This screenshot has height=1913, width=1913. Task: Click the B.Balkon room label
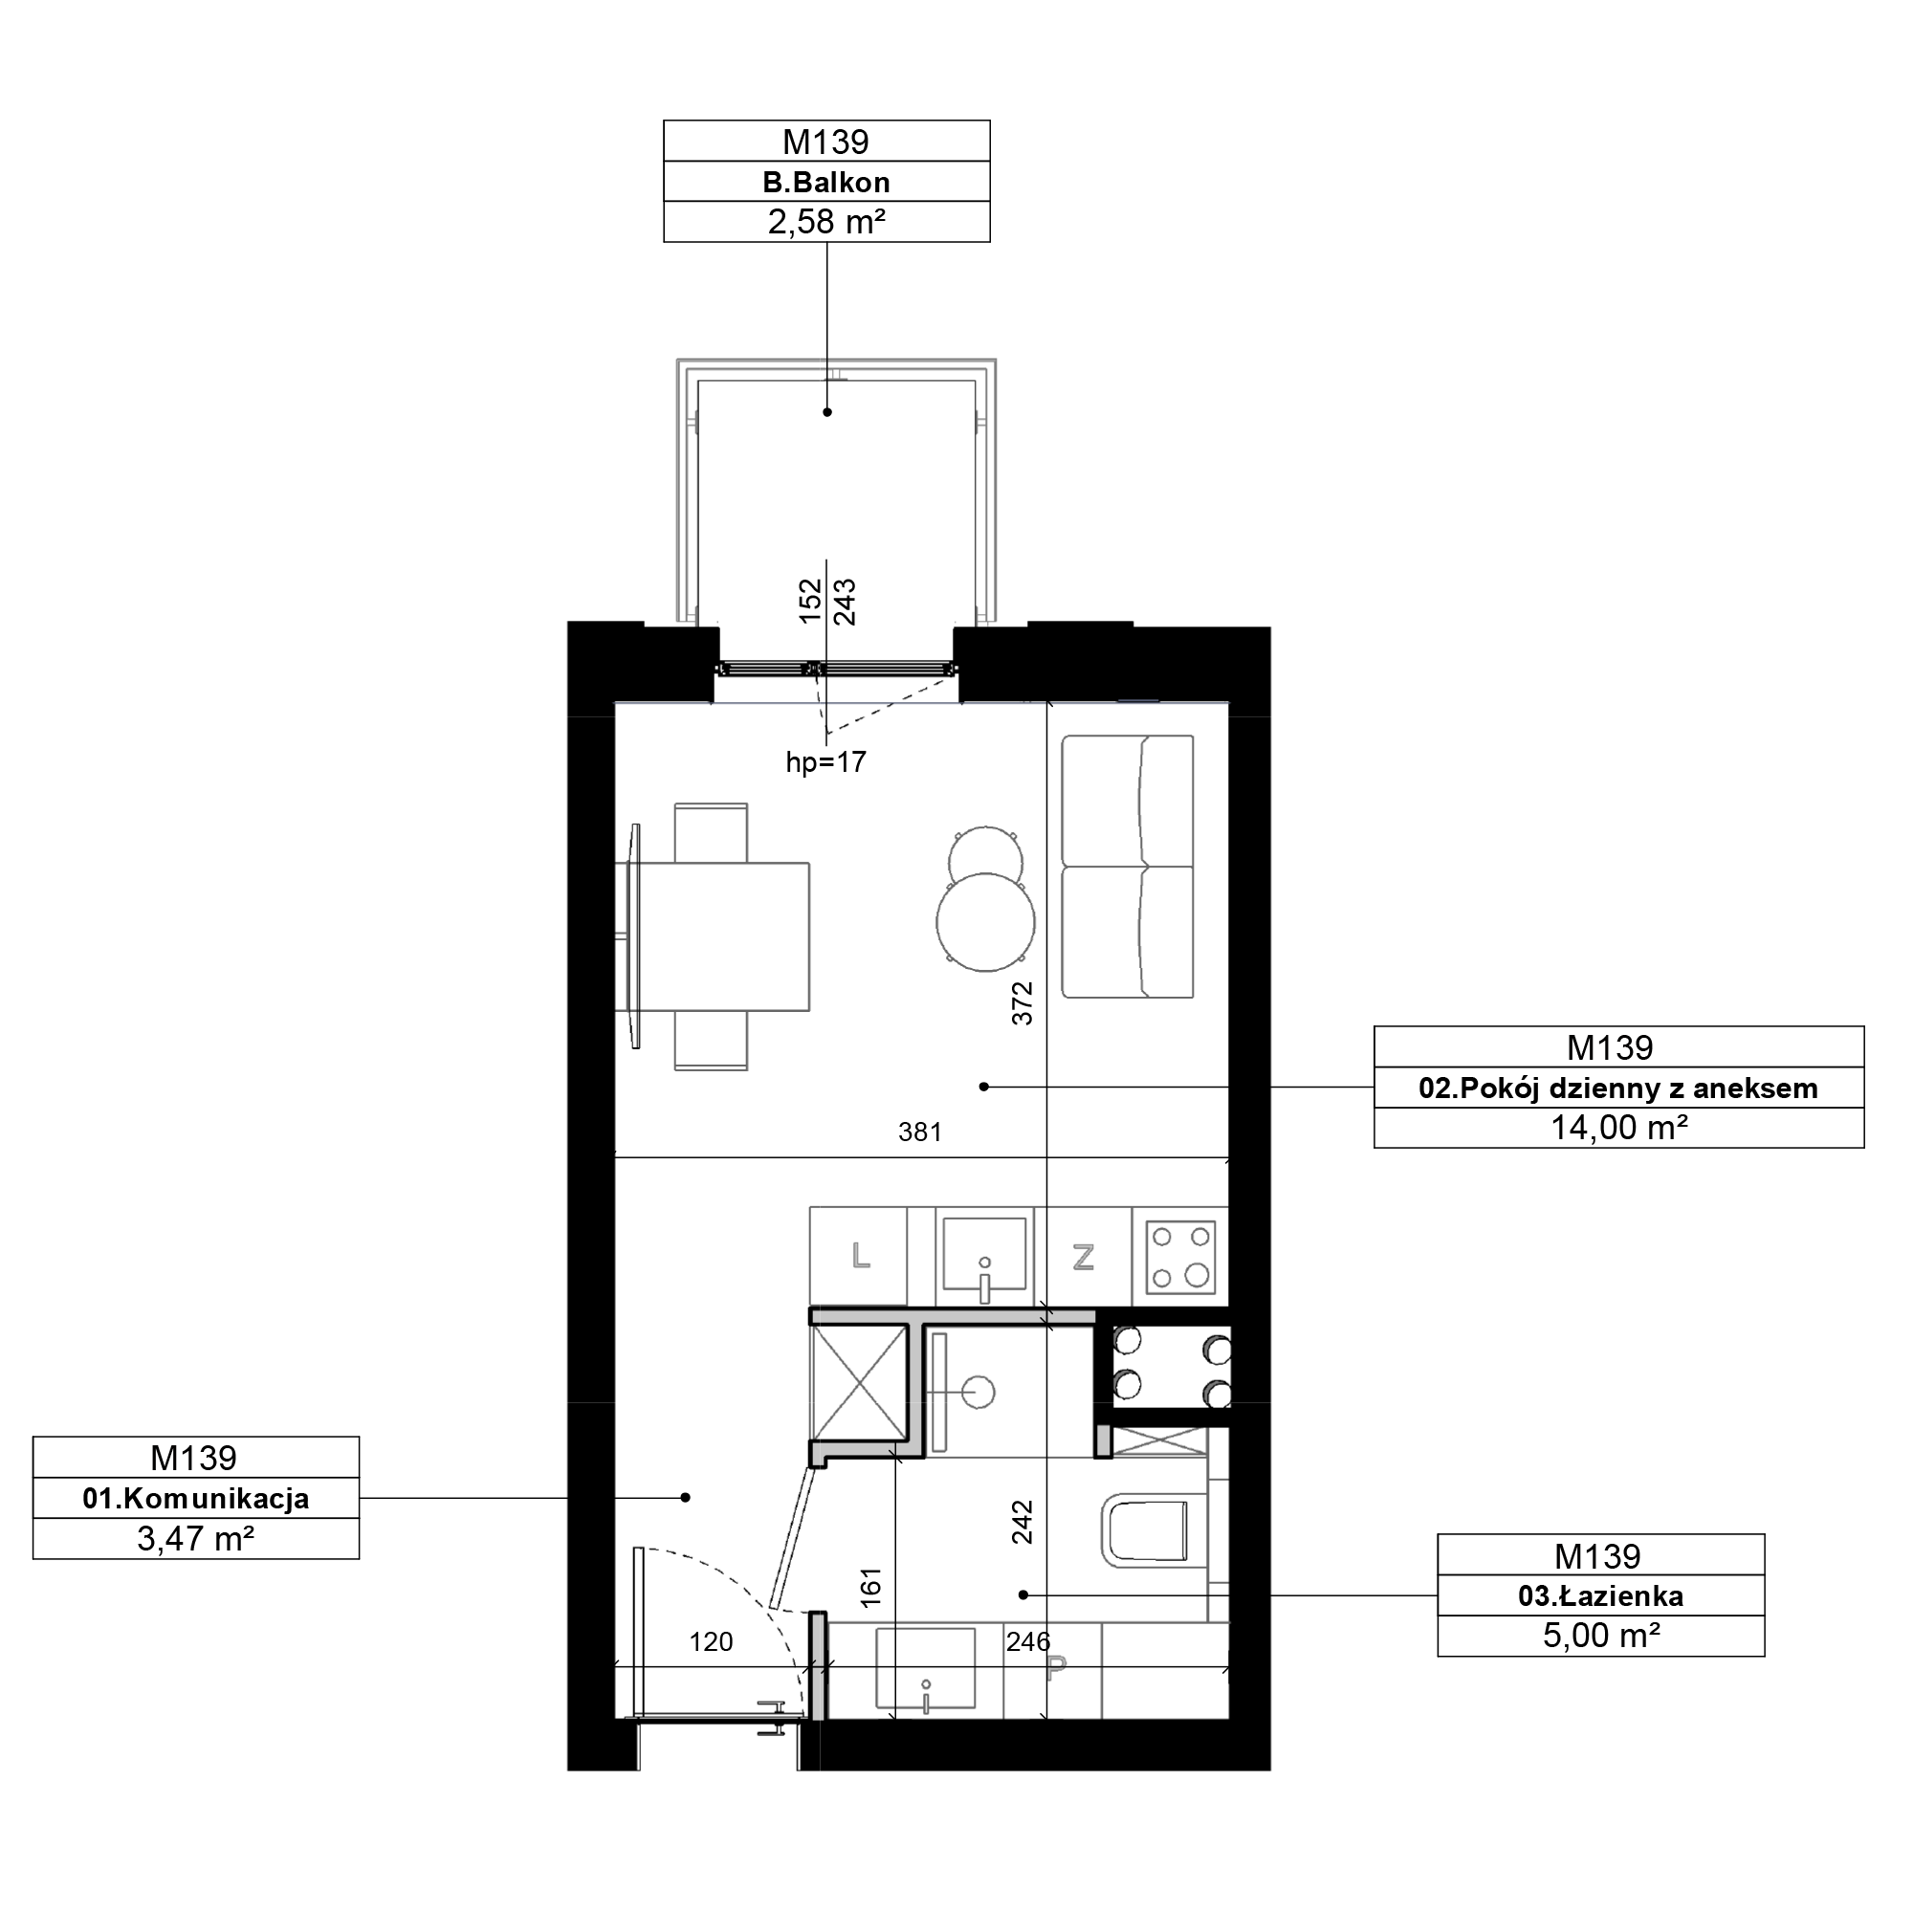(825, 182)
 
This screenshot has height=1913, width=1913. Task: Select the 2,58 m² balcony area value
(825, 222)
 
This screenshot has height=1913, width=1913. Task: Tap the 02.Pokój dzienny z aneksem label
(1618, 1088)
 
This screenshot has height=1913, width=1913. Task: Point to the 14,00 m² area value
(1619, 1128)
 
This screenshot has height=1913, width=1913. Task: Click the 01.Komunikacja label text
(196, 1498)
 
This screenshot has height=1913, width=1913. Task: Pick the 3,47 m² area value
(196, 1539)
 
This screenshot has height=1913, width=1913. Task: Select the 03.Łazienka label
(1601, 1595)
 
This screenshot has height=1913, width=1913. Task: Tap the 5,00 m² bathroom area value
(1601, 1635)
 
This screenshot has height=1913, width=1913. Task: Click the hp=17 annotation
(825, 761)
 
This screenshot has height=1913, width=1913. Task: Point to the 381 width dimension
(920, 1132)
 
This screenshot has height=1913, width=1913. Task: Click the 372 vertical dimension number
(1022, 1003)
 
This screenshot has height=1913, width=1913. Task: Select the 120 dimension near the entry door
(711, 1641)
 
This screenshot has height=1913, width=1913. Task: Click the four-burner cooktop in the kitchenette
(1180, 1258)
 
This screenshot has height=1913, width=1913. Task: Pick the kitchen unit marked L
(859, 1257)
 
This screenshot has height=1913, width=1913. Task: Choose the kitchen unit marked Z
(1084, 1257)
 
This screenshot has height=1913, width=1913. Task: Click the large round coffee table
(986, 922)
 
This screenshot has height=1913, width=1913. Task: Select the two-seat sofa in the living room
(1128, 867)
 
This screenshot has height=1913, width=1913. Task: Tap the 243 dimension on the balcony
(845, 602)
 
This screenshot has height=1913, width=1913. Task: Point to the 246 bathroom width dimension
(1028, 1641)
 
